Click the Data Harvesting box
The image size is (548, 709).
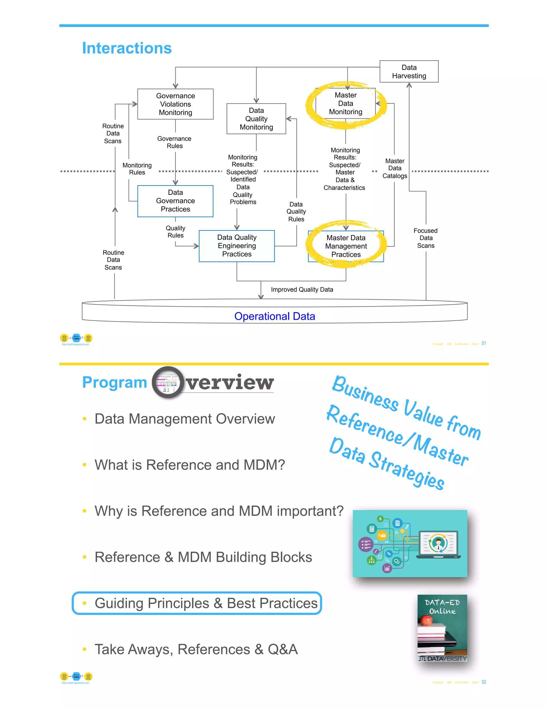pos(409,71)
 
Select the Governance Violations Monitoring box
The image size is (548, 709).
pos(175,104)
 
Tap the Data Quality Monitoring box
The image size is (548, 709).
pos(256,119)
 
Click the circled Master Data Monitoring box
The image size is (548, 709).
pos(345,104)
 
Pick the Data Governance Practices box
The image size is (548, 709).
pos(175,201)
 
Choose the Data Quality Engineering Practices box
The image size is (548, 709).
pos(237,246)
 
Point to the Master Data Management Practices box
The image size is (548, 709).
pos(346,246)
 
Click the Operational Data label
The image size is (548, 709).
pos(275,316)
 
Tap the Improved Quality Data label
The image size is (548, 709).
pos(302,289)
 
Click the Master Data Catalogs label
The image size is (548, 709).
pos(394,169)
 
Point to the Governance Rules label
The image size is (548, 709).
pos(174,142)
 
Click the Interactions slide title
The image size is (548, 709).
pos(127,48)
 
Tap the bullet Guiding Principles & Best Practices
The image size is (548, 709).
pos(206,603)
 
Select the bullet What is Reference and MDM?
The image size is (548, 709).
pos(190,465)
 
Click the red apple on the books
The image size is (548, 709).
pos(426,620)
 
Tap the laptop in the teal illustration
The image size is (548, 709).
pos(438,545)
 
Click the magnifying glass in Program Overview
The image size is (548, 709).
pos(168,382)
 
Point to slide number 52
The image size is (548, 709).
pos(484,682)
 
